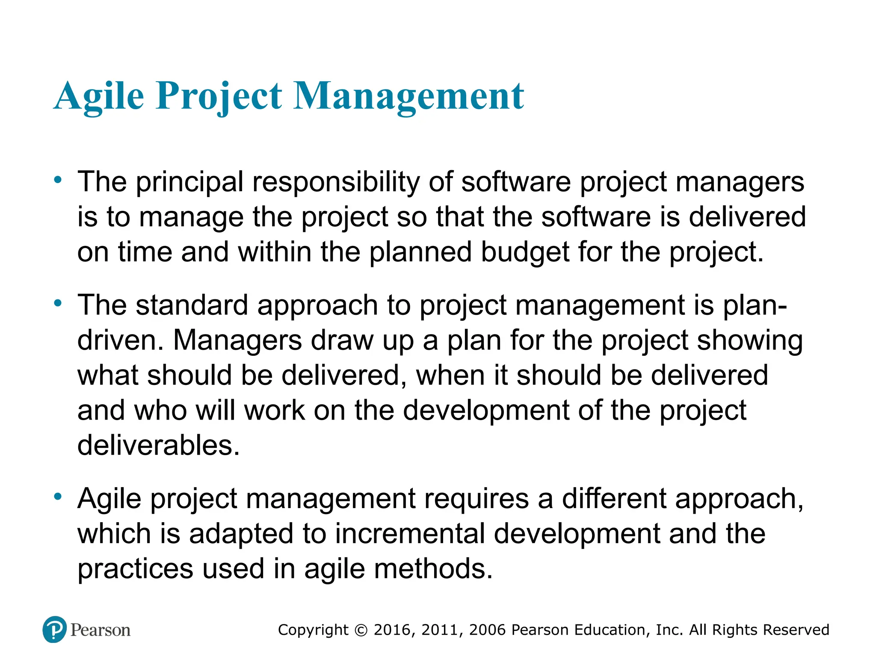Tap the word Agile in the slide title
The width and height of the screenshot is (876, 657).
(x=99, y=96)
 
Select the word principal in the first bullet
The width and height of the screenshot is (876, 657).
(x=189, y=182)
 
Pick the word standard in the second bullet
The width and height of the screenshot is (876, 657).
(x=192, y=305)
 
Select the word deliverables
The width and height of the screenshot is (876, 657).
(x=158, y=446)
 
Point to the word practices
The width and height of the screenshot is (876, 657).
(x=135, y=569)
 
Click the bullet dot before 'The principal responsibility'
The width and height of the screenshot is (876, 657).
(x=58, y=180)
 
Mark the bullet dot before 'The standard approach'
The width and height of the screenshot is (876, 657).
(x=58, y=304)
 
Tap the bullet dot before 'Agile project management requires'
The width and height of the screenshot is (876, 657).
(x=58, y=497)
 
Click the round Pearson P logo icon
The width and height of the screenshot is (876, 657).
(x=55, y=630)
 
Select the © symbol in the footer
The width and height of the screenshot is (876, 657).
(x=361, y=630)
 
